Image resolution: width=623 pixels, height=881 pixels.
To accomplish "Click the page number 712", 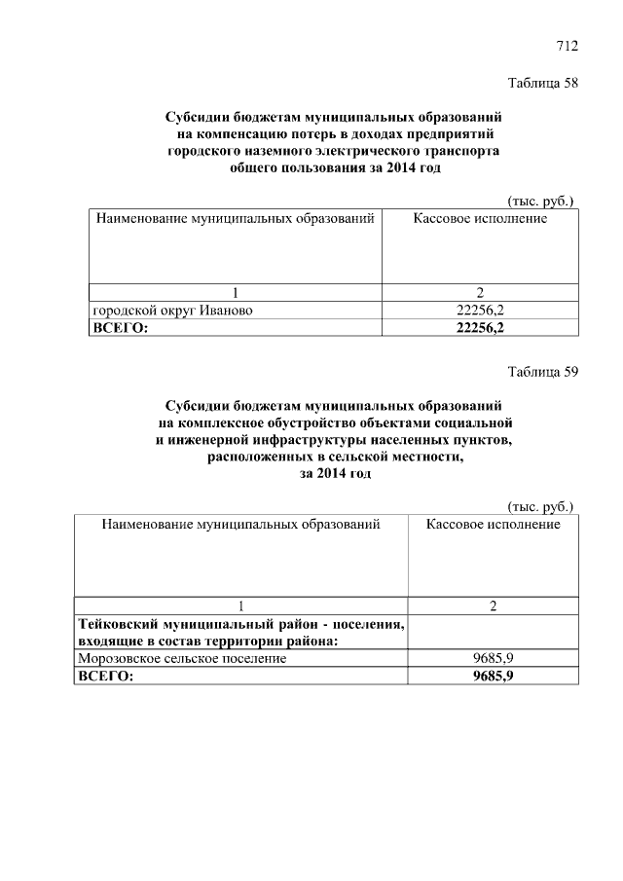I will [568, 46].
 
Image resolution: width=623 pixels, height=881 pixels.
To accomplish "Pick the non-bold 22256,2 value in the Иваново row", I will [480, 311].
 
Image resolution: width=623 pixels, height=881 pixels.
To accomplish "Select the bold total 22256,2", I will [480, 328].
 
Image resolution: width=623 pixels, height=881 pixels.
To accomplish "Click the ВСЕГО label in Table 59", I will [106, 676].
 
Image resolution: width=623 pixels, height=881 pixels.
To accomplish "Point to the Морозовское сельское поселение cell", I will [182, 658].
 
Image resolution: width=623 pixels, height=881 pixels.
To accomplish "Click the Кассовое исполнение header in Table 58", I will [480, 218].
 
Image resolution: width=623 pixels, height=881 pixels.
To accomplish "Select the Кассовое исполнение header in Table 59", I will [493, 525].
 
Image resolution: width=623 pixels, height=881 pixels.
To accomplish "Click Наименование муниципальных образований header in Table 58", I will [235, 218].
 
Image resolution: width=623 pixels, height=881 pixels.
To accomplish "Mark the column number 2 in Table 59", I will [494, 606].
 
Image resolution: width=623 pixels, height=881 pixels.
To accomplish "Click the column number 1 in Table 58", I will [235, 293].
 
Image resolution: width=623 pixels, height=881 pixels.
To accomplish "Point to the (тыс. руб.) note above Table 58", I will [541, 200].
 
